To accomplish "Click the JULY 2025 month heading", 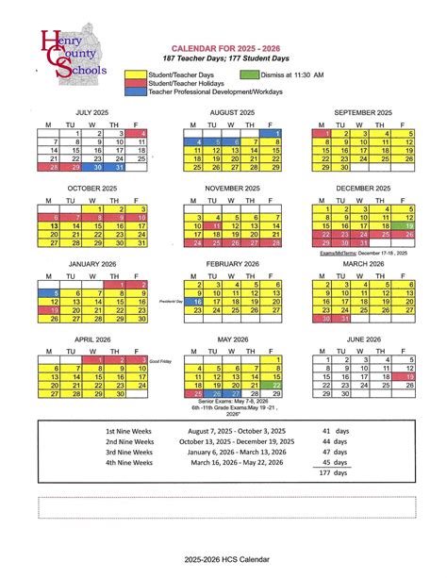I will pos(94,112).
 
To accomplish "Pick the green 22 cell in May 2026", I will pos(275,385).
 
